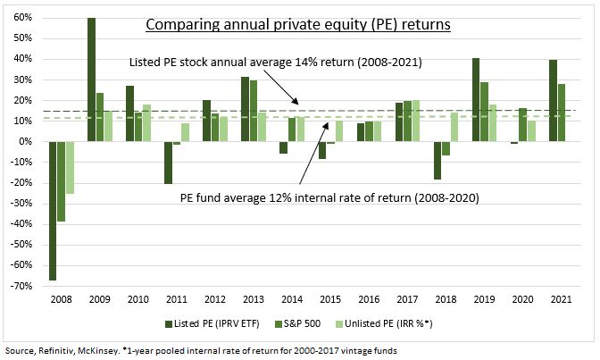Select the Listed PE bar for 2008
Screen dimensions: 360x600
coord(53,210)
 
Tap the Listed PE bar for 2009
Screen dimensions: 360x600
coord(92,80)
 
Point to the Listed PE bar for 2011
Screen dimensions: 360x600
coord(169,162)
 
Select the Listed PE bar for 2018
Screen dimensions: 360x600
coord(437,160)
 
